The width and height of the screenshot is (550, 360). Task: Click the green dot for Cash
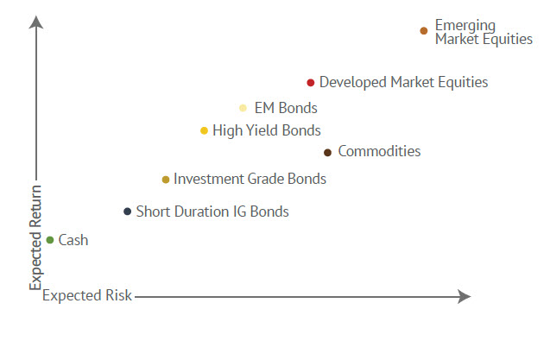(50, 240)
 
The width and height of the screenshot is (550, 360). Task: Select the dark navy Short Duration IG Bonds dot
(128, 212)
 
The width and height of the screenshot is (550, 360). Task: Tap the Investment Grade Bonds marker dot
(166, 180)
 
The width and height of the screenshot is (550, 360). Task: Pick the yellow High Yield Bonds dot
(204, 131)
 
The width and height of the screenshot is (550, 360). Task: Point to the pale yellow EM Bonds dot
(243, 109)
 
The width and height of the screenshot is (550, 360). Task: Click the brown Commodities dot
(327, 153)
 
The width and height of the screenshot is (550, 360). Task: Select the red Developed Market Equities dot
(311, 83)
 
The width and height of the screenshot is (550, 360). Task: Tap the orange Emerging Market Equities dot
(424, 31)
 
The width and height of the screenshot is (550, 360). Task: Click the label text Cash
(73, 240)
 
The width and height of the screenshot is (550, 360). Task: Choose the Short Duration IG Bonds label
(212, 212)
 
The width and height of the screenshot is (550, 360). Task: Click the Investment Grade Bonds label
(250, 180)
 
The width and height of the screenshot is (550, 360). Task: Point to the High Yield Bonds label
(266, 131)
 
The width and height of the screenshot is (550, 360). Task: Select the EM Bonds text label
(286, 109)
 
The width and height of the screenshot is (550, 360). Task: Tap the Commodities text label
(379, 152)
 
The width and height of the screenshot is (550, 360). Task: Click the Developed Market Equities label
(403, 83)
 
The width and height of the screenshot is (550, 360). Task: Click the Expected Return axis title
(35, 236)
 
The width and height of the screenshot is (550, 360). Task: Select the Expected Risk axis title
(87, 296)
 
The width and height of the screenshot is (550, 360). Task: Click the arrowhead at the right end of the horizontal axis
(465, 296)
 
